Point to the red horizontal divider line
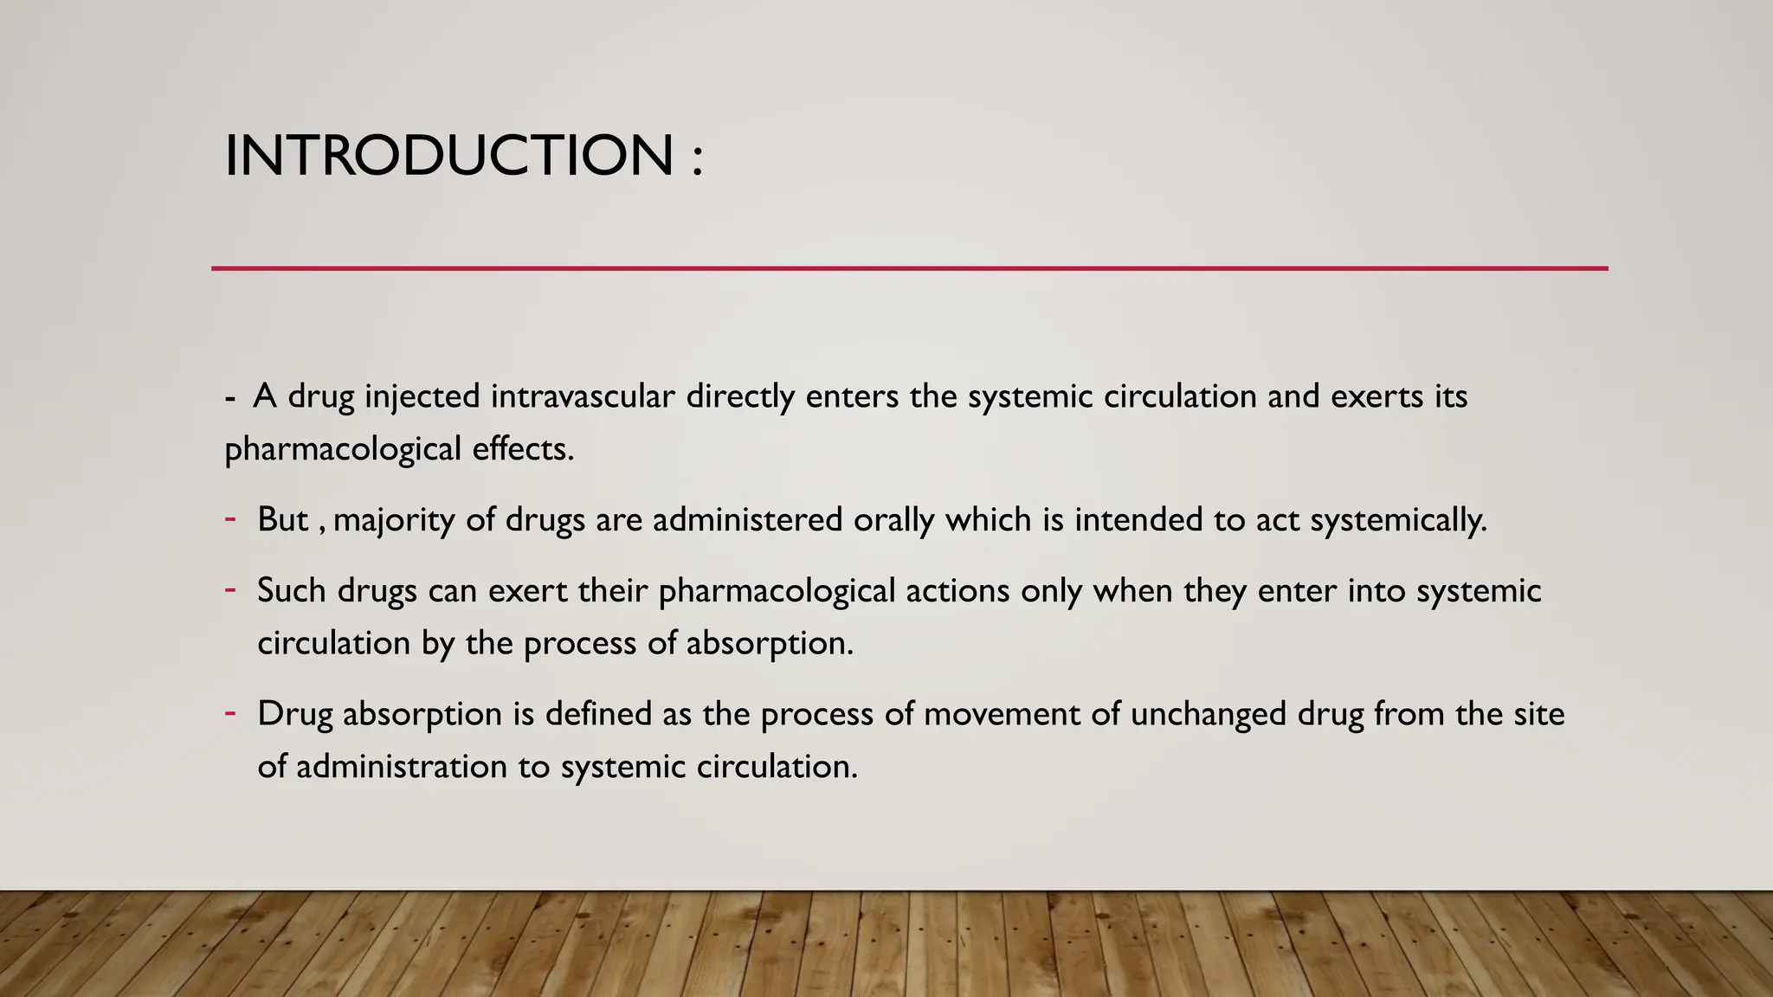pyautogui.click(x=909, y=268)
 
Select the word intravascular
pyautogui.click(x=583, y=396)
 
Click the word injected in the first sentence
pyautogui.click(x=422, y=396)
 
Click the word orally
pyautogui.click(x=894, y=520)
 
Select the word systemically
pyautogui.click(x=1399, y=520)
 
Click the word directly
pyautogui.click(x=740, y=396)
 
